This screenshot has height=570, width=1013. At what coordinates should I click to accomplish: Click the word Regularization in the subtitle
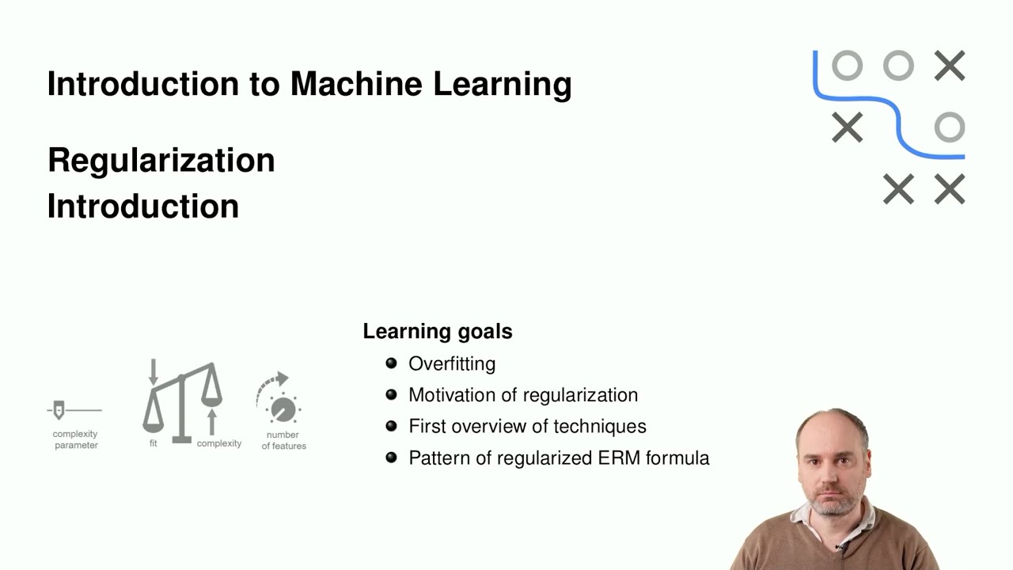pyautogui.click(x=161, y=160)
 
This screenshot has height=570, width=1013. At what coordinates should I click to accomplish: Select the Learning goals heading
pyautogui.click(x=437, y=331)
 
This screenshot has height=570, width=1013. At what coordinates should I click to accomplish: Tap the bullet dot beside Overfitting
pyautogui.click(x=391, y=363)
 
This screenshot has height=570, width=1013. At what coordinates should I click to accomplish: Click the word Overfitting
pyautogui.click(x=452, y=363)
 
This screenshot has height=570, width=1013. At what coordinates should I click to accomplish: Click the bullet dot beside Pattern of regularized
pyautogui.click(x=391, y=457)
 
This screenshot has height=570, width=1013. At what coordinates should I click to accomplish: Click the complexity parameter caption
pyautogui.click(x=76, y=439)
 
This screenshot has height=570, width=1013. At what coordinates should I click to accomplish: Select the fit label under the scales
pyautogui.click(x=153, y=443)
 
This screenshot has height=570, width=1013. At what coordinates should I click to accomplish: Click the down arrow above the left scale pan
pyautogui.click(x=154, y=371)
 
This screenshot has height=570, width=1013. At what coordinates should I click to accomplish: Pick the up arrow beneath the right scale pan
pyautogui.click(x=211, y=420)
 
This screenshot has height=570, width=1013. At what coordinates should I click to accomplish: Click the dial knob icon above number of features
pyautogui.click(x=282, y=408)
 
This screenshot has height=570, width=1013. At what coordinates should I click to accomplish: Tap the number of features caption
pyautogui.click(x=283, y=440)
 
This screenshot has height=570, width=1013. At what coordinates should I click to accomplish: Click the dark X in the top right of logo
pyautogui.click(x=949, y=66)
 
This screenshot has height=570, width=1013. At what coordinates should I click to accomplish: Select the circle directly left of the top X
pyautogui.click(x=898, y=66)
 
